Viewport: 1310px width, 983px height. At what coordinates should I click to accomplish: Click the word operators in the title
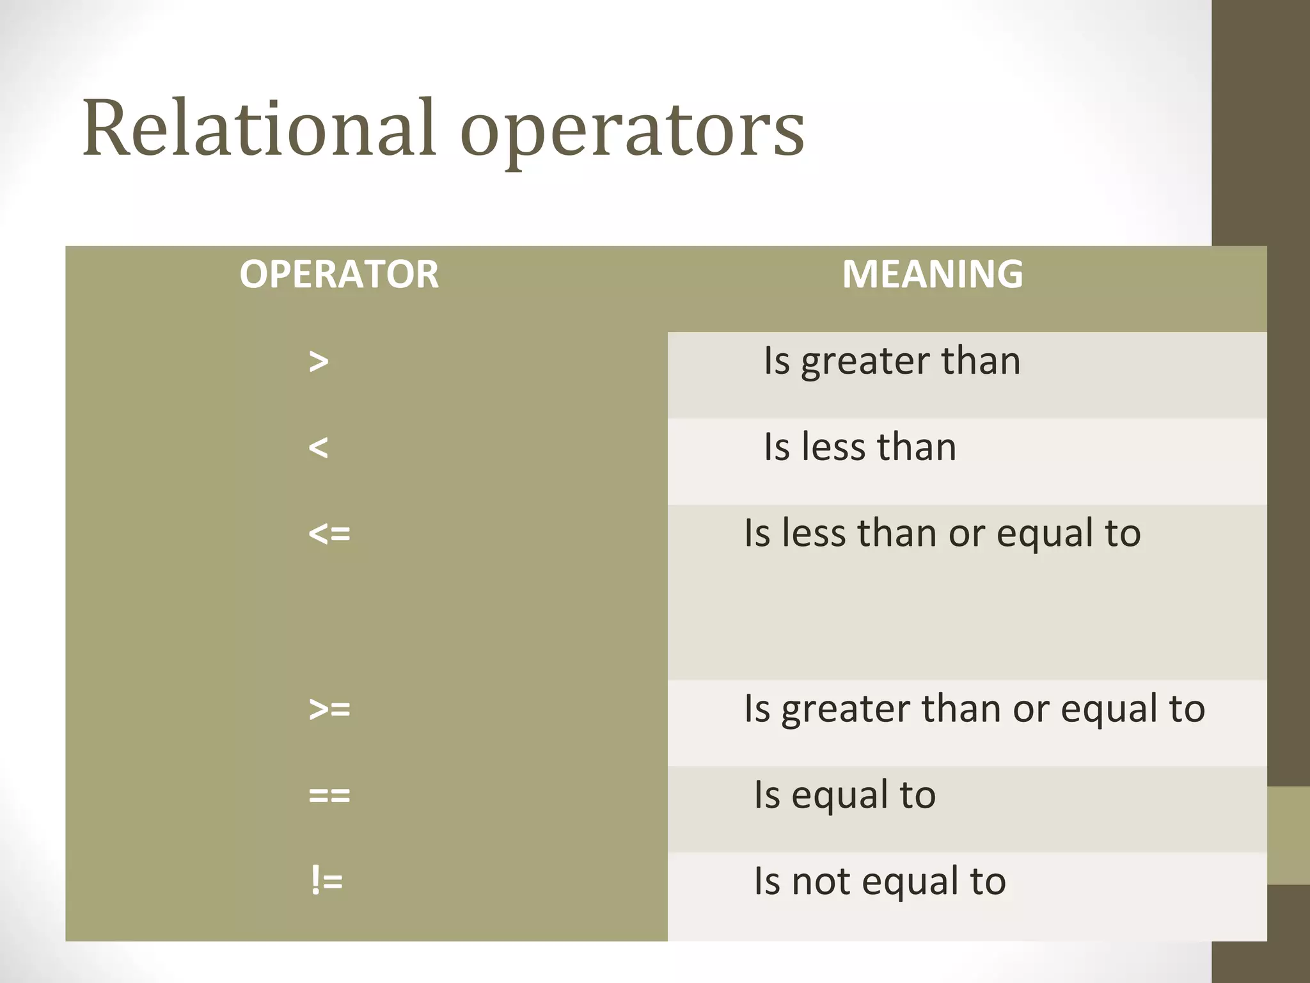click(632, 131)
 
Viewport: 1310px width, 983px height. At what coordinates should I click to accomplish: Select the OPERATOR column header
click(339, 275)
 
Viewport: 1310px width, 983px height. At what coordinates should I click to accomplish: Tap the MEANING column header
click(932, 275)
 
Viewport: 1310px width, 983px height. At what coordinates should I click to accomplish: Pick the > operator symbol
click(319, 362)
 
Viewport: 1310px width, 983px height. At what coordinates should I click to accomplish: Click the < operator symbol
click(319, 448)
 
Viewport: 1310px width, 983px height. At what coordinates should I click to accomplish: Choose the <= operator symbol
click(329, 534)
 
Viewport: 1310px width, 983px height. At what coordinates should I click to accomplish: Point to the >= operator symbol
click(329, 709)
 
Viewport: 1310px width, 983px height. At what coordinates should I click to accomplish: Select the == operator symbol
click(329, 795)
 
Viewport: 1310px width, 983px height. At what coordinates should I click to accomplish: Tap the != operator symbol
click(326, 881)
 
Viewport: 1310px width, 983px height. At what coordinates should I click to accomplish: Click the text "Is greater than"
click(892, 362)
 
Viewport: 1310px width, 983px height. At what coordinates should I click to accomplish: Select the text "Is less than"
click(860, 447)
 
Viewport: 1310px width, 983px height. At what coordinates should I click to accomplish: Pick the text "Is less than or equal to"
click(942, 534)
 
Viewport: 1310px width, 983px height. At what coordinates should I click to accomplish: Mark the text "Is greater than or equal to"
click(974, 709)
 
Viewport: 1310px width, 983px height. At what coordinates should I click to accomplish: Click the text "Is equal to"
click(844, 795)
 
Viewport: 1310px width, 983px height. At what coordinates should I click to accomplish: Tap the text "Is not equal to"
click(880, 882)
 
